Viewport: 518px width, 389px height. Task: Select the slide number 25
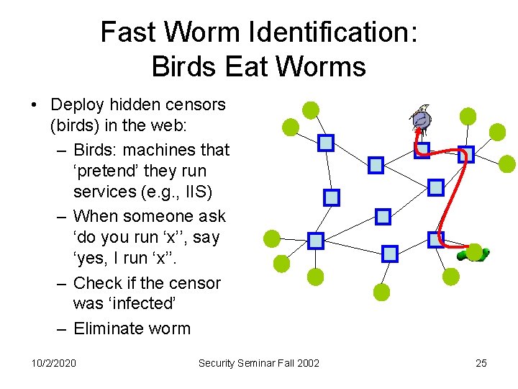click(x=481, y=363)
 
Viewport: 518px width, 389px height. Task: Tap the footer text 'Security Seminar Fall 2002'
click(x=259, y=363)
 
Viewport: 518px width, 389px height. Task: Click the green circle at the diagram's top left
click(x=310, y=109)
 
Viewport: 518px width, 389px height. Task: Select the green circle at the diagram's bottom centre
click(x=382, y=292)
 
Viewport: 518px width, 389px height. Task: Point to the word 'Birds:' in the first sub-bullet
click(x=98, y=151)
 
